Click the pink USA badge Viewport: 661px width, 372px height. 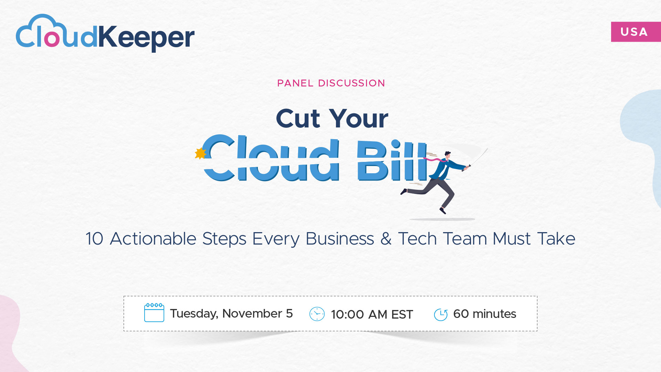click(x=636, y=32)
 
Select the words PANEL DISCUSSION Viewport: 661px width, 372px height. click(x=331, y=83)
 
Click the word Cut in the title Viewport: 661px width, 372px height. click(x=298, y=119)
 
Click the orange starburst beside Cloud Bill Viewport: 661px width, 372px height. click(x=200, y=153)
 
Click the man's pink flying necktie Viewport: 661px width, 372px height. click(x=435, y=160)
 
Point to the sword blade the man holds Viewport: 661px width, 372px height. click(x=479, y=157)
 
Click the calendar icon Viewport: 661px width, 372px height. click(x=154, y=312)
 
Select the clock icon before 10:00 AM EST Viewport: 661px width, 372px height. click(x=317, y=314)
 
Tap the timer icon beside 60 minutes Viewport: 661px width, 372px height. click(x=441, y=314)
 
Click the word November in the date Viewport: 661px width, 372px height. click(x=252, y=314)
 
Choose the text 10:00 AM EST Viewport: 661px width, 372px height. click(x=372, y=314)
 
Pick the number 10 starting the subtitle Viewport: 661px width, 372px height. click(x=94, y=239)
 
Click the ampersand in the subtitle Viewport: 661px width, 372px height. click(x=386, y=239)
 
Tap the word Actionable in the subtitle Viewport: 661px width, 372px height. click(x=153, y=239)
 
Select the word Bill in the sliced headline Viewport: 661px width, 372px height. click(x=392, y=160)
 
